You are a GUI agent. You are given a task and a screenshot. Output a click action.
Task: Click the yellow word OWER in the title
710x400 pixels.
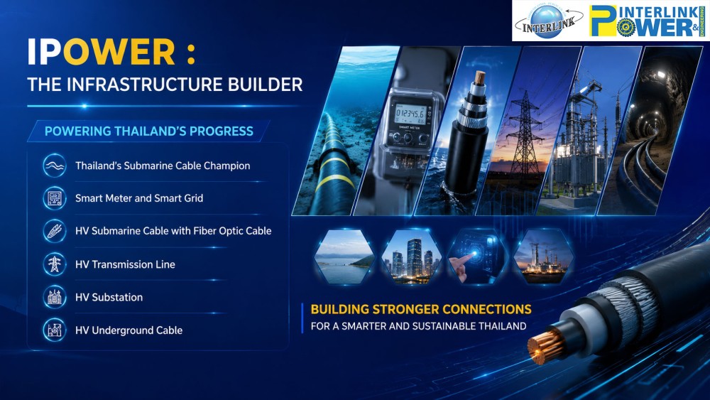click(x=119, y=52)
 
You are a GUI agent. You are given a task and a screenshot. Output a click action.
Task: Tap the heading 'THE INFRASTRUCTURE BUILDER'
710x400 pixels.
click(x=165, y=85)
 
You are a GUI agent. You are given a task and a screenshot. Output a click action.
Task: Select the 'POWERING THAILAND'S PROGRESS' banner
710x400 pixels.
click(x=149, y=131)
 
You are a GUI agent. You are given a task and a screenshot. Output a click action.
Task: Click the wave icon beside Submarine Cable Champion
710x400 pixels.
click(x=55, y=166)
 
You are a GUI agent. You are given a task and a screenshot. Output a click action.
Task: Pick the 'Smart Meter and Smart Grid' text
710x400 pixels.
click(x=139, y=198)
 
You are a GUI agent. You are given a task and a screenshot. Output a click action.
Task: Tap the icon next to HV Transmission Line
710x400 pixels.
click(x=55, y=264)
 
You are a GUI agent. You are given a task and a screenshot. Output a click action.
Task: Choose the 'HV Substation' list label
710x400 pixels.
click(x=109, y=297)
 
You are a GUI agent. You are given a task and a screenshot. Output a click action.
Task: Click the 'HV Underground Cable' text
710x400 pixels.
click(x=129, y=330)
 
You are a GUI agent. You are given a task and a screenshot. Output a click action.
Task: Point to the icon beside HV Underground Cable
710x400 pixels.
click(x=55, y=330)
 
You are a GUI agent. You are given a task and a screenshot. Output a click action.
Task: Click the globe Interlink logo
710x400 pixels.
click(x=548, y=21)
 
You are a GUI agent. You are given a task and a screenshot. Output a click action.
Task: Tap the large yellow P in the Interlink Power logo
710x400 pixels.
click(x=603, y=21)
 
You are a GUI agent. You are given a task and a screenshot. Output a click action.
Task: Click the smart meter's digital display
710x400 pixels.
click(x=410, y=113)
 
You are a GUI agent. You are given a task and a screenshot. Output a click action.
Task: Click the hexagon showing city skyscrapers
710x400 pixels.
click(x=411, y=256)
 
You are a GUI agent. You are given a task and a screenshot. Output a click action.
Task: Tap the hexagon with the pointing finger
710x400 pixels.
click(x=477, y=256)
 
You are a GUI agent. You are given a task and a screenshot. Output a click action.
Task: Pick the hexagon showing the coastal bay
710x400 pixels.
click(x=344, y=256)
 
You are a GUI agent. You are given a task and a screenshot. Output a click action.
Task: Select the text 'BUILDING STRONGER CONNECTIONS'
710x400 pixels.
click(x=421, y=309)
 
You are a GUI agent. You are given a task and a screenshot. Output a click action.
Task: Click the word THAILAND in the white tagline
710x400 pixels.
click(x=503, y=326)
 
